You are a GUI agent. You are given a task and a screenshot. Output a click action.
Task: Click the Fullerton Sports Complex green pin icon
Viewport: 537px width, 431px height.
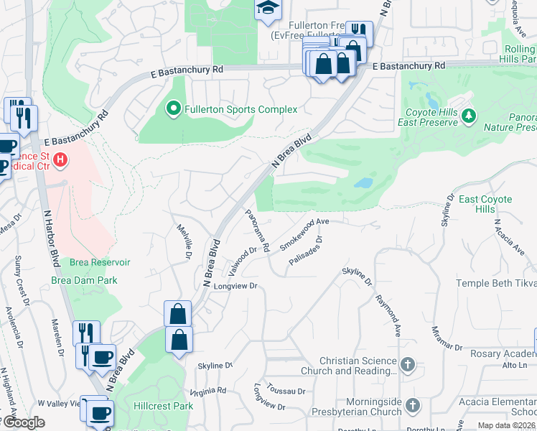(x=173, y=109)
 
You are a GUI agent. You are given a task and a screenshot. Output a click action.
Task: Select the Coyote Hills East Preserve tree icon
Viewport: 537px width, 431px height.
(x=469, y=116)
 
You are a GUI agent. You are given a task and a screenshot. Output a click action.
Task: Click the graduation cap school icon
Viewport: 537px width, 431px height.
(x=268, y=9)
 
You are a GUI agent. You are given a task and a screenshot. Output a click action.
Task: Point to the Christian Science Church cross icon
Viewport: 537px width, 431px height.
(x=408, y=365)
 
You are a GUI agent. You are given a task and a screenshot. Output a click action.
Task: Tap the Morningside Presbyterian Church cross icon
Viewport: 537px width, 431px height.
(x=412, y=407)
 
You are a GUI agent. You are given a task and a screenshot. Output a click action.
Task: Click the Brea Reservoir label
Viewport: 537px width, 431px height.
(x=100, y=263)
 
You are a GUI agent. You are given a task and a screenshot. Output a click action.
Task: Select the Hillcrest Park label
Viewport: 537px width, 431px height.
(x=163, y=406)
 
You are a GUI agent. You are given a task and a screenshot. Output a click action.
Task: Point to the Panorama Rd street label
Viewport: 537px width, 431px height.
(x=256, y=230)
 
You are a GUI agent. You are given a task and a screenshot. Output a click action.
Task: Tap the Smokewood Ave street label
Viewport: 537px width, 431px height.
(x=304, y=234)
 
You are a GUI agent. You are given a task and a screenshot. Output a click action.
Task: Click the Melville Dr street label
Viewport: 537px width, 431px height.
(x=185, y=241)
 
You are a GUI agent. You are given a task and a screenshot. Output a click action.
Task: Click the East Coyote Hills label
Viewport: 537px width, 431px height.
(x=486, y=204)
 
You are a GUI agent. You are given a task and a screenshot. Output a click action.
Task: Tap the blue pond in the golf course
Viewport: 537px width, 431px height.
(x=363, y=182)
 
